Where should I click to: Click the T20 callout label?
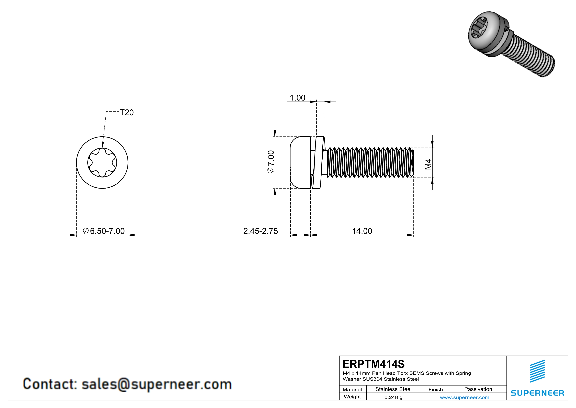point(127,113)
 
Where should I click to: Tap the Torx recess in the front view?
point(102,163)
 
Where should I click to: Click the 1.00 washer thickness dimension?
point(298,98)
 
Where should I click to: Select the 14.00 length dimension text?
point(362,231)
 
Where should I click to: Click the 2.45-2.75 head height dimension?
point(260,231)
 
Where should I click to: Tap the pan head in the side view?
point(300,163)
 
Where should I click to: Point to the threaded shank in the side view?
point(370,163)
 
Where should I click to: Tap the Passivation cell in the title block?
point(478,389)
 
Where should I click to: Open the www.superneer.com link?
point(464,397)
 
